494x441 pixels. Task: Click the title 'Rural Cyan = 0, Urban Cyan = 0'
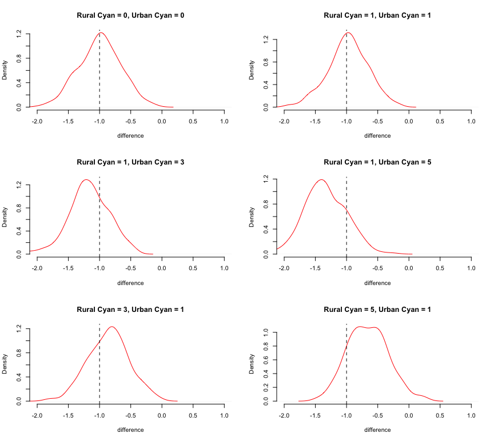[x=130, y=15]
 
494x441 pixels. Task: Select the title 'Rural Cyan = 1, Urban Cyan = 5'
[x=377, y=162]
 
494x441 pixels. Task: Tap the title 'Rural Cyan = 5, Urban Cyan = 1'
[x=377, y=310]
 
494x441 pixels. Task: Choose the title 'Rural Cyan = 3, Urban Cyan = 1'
[x=130, y=310]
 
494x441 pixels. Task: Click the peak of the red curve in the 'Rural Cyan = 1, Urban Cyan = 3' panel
[x=86, y=179]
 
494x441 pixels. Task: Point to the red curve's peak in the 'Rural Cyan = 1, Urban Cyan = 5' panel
[x=321, y=179]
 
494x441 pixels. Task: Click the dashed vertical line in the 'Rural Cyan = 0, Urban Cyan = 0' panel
[x=99, y=69]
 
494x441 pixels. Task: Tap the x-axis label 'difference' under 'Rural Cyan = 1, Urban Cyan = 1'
[x=377, y=136]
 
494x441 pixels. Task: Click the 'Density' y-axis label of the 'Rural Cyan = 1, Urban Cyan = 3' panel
[x=5, y=218]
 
